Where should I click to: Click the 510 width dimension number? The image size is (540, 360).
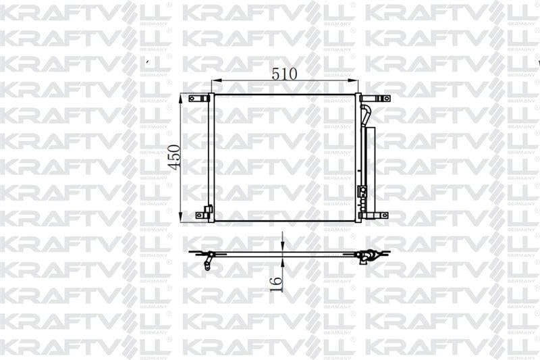284,74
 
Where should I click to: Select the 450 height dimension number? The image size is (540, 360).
174,157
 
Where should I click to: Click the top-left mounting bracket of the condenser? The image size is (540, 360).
199,99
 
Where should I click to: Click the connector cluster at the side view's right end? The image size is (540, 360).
368,256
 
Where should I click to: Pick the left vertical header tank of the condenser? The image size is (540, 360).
211,157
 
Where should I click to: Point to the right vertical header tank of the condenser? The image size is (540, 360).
358,157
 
